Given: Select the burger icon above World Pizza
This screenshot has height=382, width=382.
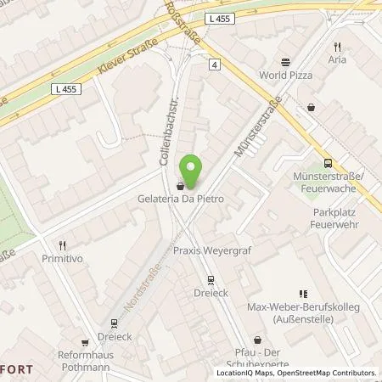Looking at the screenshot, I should (284, 61).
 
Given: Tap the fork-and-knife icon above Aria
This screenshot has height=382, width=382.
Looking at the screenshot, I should (338, 47).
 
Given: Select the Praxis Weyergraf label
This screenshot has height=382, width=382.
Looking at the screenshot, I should (209, 252).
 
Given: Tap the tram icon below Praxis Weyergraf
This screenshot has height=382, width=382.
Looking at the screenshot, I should (209, 279).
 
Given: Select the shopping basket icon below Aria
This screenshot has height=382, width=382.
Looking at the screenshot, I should (313, 107).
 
